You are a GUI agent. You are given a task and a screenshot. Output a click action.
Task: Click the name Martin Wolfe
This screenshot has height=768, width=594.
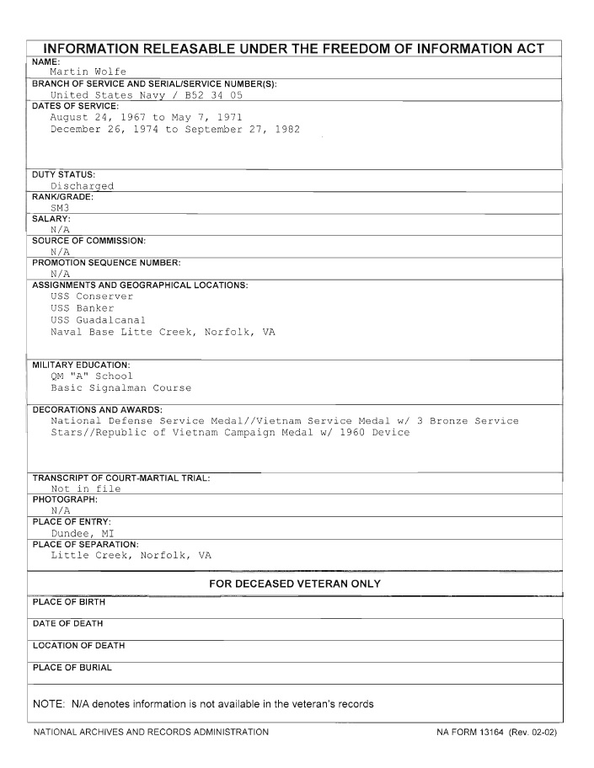click(88, 72)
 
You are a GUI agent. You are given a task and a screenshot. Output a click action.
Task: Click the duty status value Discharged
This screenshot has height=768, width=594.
click(82, 186)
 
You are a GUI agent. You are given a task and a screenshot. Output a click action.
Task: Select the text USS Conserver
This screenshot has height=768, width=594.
click(92, 296)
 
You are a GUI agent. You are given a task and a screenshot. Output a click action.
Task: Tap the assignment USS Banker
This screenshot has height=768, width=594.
click(83, 308)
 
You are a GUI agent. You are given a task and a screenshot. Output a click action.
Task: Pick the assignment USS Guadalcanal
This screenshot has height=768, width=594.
click(98, 320)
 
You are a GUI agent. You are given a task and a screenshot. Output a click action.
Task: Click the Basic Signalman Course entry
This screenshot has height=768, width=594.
click(120, 388)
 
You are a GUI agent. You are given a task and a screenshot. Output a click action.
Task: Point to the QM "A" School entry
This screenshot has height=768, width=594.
click(92, 376)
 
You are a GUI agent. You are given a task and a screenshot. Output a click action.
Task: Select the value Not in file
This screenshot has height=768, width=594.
click(85, 488)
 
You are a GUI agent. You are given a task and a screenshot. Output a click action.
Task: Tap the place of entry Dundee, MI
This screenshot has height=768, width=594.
click(82, 533)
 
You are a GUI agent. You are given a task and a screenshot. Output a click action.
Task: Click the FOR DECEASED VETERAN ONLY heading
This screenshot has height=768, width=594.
click(294, 584)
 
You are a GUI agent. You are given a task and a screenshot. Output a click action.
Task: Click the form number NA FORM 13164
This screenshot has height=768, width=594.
click(476, 733)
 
